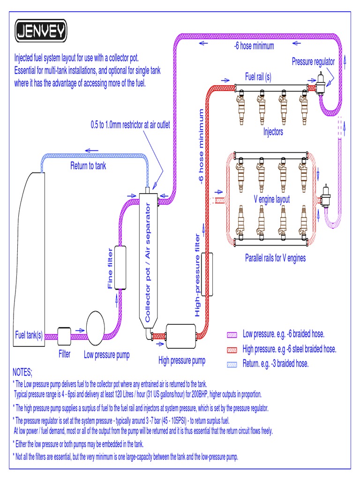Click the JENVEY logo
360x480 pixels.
[41, 31]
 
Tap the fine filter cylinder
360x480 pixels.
[121, 268]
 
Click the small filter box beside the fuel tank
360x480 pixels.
[64, 334]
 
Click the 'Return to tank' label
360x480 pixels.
[88, 165]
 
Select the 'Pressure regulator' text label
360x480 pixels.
[313, 62]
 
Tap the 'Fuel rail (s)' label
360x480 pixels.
[258, 77]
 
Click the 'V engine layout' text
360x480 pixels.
[272, 199]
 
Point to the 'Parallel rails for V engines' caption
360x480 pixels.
[275, 258]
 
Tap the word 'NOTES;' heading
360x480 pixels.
[22, 373]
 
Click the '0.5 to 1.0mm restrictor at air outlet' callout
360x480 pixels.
[130, 125]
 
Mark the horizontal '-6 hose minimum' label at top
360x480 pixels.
[254, 46]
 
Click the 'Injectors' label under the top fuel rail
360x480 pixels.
[273, 132]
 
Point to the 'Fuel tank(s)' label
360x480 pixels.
[29, 335]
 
